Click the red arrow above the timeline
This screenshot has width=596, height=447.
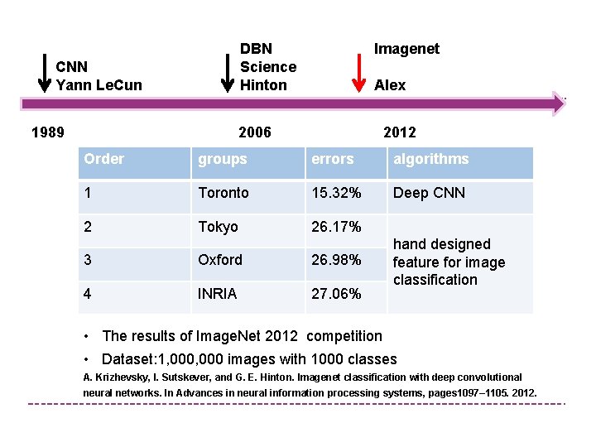point(358,74)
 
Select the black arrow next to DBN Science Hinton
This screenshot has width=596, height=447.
point(228,74)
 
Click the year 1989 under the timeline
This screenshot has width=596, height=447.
point(47,132)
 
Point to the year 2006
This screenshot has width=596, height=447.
point(254,132)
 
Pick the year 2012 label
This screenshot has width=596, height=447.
point(400,132)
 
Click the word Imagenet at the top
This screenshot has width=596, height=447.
point(406,49)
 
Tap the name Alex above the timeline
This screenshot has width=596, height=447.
point(390,85)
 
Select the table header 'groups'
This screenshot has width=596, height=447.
point(222,159)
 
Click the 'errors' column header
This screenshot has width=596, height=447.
point(333,159)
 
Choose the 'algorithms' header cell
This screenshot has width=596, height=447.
point(430,159)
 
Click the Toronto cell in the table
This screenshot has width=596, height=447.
point(223,193)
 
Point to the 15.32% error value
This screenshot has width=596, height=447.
point(336,193)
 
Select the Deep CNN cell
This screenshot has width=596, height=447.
point(429,193)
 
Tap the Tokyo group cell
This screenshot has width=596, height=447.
point(218,227)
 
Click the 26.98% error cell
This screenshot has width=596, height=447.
point(336,260)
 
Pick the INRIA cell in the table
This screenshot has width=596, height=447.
point(217,294)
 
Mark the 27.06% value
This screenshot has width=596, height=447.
point(336,294)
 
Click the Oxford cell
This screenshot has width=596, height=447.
point(220,260)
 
